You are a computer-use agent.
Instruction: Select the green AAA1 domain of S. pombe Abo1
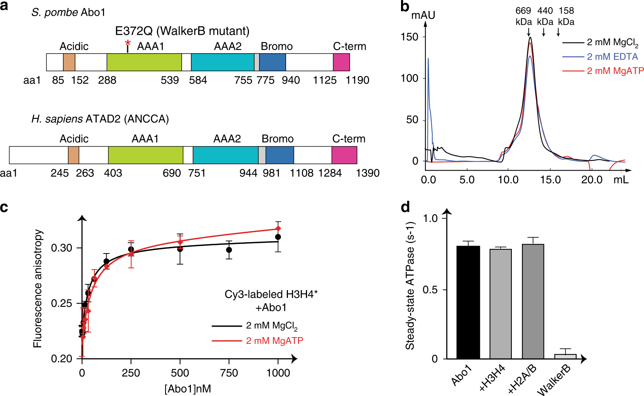tap(144, 62)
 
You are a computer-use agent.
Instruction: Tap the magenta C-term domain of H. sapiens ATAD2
tap(344, 155)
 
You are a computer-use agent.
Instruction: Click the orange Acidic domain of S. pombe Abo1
tap(69, 62)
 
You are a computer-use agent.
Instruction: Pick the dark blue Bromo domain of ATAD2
tap(280, 155)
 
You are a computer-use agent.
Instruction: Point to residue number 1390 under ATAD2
tap(367, 173)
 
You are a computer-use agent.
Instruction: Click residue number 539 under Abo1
tap(170, 80)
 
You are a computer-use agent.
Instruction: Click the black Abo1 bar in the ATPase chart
tap(468, 302)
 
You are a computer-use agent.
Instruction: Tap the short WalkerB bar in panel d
tap(565, 356)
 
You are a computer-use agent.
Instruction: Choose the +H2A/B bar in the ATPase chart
tap(533, 301)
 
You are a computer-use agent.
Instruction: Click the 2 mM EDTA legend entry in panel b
tap(612, 57)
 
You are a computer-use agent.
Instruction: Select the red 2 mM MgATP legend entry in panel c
tap(274, 340)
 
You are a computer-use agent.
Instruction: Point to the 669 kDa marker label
tap(523, 16)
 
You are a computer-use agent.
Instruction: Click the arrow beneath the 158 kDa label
tap(558, 33)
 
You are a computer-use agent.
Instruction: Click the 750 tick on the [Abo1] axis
tap(229, 373)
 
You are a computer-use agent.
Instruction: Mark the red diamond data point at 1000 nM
tap(278, 228)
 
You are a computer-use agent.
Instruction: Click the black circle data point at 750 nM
tap(229, 250)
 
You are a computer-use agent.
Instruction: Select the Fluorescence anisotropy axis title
tap(38, 289)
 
